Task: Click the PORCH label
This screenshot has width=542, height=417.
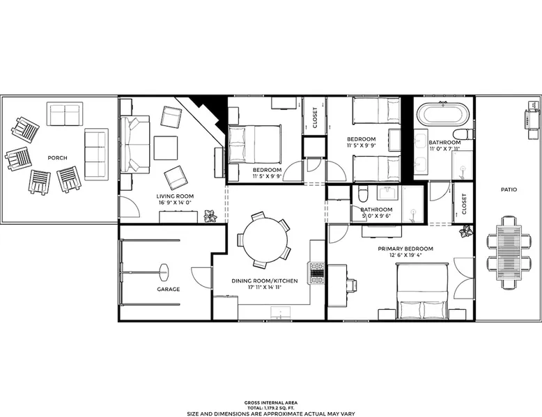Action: [x=57, y=158]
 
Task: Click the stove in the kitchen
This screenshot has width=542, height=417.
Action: [x=316, y=273]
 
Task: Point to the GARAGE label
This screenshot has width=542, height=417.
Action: [x=169, y=289]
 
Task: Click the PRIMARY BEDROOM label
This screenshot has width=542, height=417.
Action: [x=405, y=249]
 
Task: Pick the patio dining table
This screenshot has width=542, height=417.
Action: [x=509, y=252]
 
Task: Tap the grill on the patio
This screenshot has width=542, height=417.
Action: [x=532, y=120]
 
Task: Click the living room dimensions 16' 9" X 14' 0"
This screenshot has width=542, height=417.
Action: [x=175, y=203]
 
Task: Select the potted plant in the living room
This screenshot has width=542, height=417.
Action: [x=210, y=217]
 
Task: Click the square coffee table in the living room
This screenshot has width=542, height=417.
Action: [x=166, y=148]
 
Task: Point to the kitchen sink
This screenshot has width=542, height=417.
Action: [x=280, y=313]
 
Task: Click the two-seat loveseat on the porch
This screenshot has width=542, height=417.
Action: [x=65, y=114]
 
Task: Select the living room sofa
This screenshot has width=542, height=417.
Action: [x=135, y=144]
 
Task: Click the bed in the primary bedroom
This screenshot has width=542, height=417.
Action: [x=422, y=291]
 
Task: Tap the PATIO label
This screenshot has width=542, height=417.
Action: [x=509, y=189]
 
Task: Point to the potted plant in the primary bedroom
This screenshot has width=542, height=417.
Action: [x=465, y=232]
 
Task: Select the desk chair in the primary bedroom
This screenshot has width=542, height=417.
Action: [x=352, y=285]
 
